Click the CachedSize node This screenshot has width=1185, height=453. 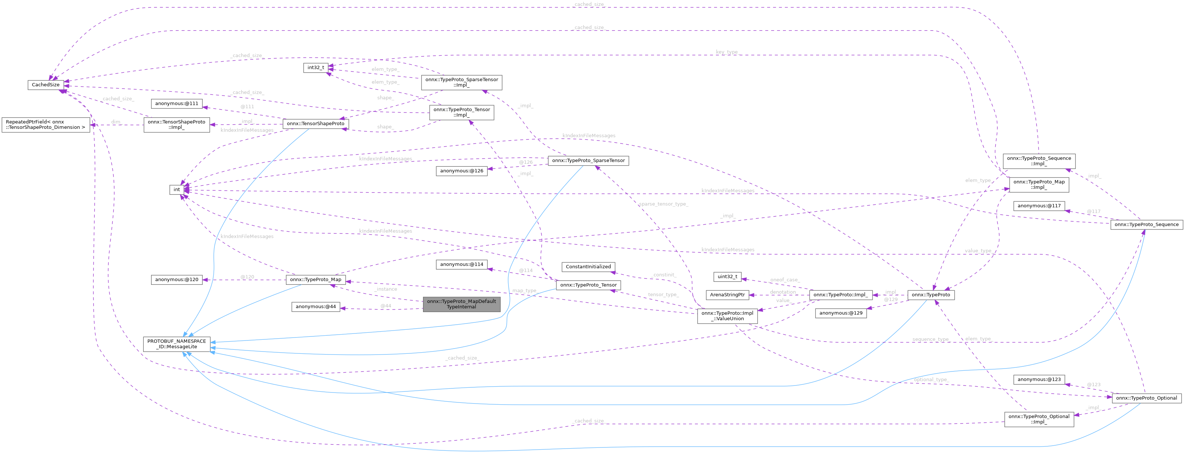[46, 85]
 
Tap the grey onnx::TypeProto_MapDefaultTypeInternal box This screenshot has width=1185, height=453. [461, 304]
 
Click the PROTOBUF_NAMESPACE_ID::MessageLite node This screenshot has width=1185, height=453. [176, 344]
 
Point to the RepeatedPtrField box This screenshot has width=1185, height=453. [46, 125]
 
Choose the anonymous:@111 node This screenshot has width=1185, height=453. [176, 104]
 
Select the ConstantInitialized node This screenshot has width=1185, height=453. [588, 267]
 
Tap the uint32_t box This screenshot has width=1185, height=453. [727, 277]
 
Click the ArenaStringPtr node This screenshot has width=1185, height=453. [727, 295]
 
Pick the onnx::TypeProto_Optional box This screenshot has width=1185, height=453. [1146, 398]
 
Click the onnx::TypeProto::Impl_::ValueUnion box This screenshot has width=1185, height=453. [727, 316]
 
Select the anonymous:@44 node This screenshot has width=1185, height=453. [315, 307]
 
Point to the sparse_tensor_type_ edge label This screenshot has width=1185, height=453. [663, 204]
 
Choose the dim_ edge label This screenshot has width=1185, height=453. [116, 122]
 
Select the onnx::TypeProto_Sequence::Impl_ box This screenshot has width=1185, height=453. [1039, 161]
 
